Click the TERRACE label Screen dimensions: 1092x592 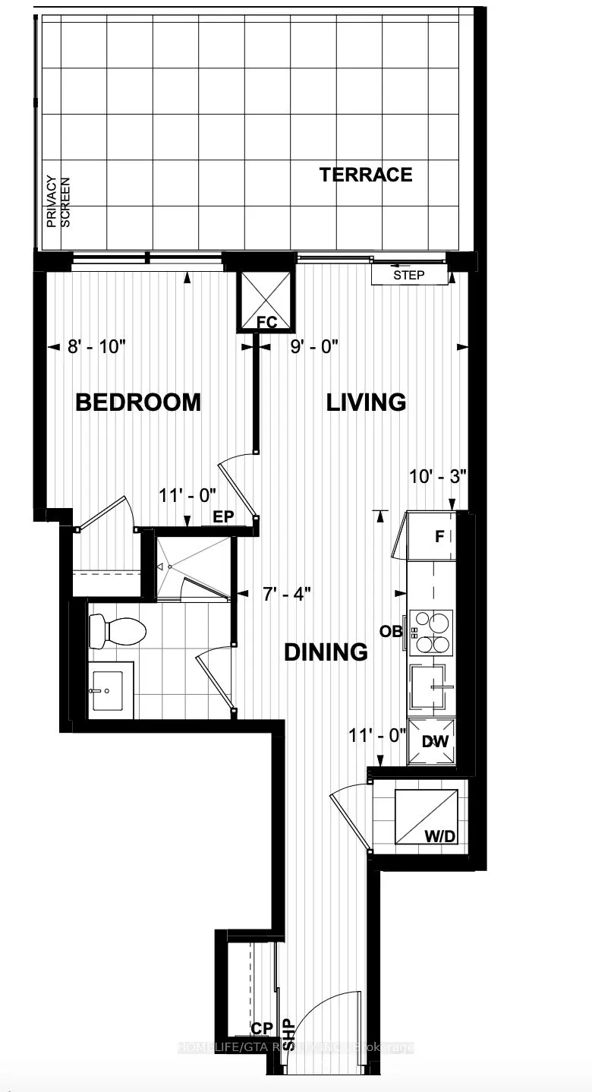pos(366,175)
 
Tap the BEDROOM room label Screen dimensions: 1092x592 pos(138,402)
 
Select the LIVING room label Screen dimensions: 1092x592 pos(366,402)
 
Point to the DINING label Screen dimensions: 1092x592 pos(326,652)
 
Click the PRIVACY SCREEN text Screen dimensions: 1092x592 pos(58,202)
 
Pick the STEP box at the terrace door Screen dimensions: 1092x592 pos(409,275)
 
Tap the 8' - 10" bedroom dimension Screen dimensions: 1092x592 pos(96,347)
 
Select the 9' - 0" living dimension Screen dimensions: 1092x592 pos(314,347)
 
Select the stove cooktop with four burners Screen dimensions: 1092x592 pos(431,632)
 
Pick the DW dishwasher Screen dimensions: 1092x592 pos(433,741)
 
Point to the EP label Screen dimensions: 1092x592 pos(223,516)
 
